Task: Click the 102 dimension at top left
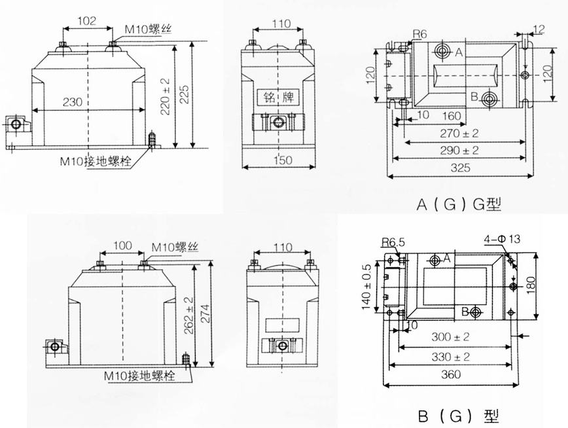coord(87,21)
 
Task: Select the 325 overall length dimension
coord(462,168)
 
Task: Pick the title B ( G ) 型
coord(458,416)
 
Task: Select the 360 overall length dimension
coord(452,375)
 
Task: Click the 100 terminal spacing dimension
coord(122,246)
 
